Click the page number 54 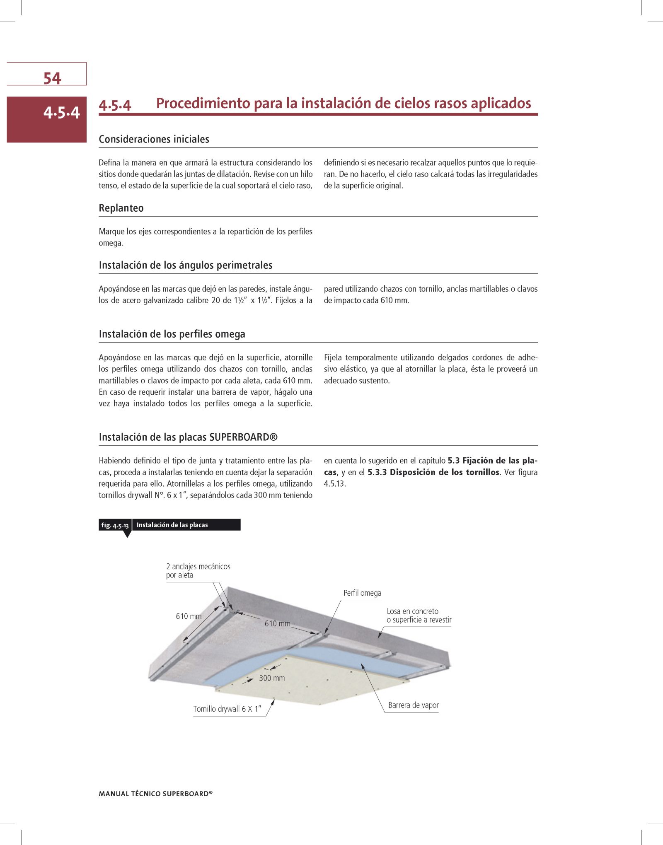pyautogui.click(x=52, y=78)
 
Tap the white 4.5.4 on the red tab pyautogui.click(x=61, y=113)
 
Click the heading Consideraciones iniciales pyautogui.click(x=154, y=139)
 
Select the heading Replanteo pyautogui.click(x=121, y=208)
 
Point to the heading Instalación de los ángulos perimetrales pyautogui.click(x=185, y=265)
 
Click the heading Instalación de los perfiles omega pyautogui.click(x=172, y=334)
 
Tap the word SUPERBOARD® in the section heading pyautogui.click(x=243, y=437)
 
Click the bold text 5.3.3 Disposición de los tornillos pyautogui.click(x=434, y=472)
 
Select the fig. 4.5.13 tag pyautogui.click(x=115, y=525)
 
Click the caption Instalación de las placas pyautogui.click(x=172, y=525)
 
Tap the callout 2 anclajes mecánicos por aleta pyautogui.click(x=198, y=570)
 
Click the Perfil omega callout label pyautogui.click(x=362, y=593)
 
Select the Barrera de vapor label pyautogui.click(x=413, y=705)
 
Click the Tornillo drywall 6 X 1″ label pyautogui.click(x=227, y=709)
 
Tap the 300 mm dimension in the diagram pyautogui.click(x=272, y=678)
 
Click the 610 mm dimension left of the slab pyautogui.click(x=189, y=616)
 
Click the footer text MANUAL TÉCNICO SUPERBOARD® pyautogui.click(x=155, y=794)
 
